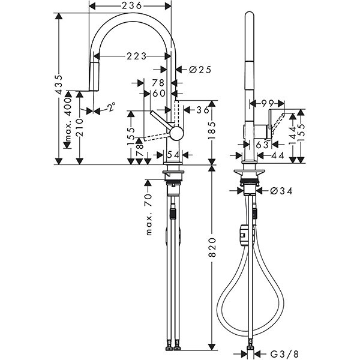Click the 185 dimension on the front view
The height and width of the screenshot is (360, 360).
click(212, 128)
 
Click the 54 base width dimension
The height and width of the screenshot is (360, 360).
click(173, 155)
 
